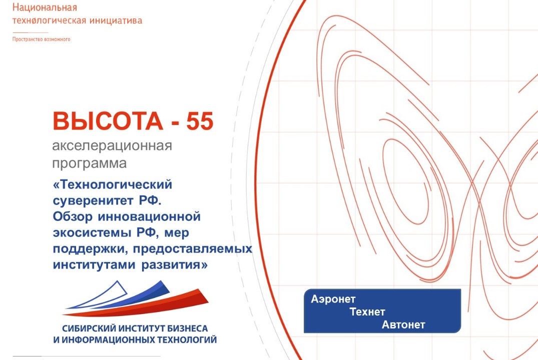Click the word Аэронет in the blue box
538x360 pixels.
pos(333,299)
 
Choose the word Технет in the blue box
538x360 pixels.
pos(368,312)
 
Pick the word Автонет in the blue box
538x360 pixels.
pos(403,325)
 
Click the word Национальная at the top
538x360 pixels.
pos(45,8)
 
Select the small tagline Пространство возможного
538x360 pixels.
pos(41,39)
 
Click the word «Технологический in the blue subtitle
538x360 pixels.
pos(112,185)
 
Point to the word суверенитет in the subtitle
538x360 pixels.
pos(93,201)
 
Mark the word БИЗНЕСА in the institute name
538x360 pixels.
pos(186,329)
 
